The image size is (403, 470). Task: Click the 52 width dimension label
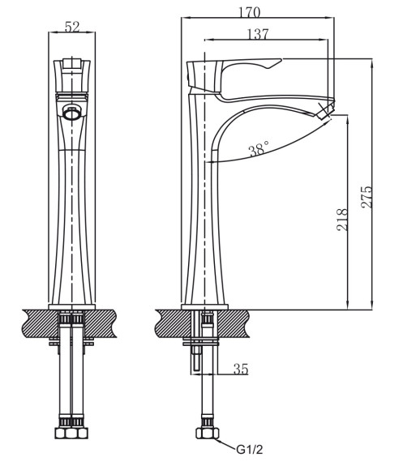pyautogui.click(x=72, y=27)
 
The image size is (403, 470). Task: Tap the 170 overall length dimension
pyautogui.click(x=250, y=12)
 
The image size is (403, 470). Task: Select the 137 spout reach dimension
pyautogui.click(x=258, y=34)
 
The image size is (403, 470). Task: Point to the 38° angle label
pyautogui.click(x=259, y=148)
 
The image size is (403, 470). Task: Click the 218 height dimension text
pyautogui.click(x=343, y=220)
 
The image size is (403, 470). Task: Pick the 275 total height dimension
pyautogui.click(x=367, y=197)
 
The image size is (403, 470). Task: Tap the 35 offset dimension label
pyautogui.click(x=241, y=369)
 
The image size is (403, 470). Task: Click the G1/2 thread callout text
pyautogui.click(x=250, y=449)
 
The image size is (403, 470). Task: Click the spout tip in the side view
pyautogui.click(x=324, y=110)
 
